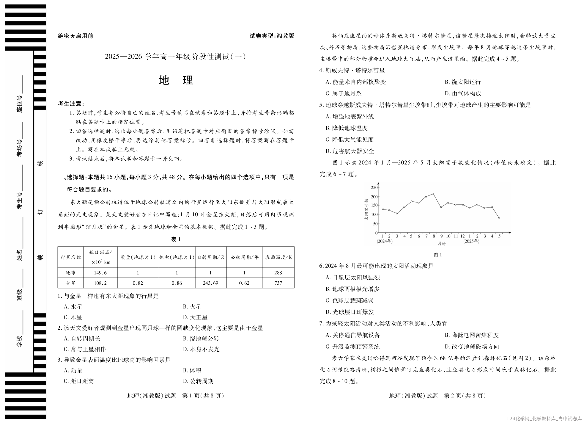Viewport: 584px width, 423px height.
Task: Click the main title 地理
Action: click(x=176, y=80)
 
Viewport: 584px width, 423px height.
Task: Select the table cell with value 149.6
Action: click(x=100, y=272)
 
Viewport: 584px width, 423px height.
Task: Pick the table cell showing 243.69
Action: click(x=210, y=283)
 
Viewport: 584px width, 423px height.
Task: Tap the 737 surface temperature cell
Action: click(x=278, y=283)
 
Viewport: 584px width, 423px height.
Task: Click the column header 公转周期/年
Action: click(x=244, y=257)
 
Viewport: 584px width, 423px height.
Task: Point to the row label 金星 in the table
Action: click(x=71, y=283)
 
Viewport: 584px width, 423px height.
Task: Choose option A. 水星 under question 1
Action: click(x=73, y=307)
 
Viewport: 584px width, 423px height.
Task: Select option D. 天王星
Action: click(x=195, y=317)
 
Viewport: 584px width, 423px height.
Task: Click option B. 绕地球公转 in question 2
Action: click(x=201, y=339)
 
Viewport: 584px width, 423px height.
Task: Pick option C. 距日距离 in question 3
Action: click(x=79, y=381)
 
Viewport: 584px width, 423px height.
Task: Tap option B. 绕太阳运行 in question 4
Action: click(x=463, y=82)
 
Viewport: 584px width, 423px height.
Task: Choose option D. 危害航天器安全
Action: click(x=350, y=151)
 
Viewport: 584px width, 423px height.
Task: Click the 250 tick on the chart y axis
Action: click(x=374, y=187)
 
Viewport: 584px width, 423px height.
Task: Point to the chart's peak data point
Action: click(x=433, y=194)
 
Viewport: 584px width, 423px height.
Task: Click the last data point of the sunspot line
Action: click(x=499, y=218)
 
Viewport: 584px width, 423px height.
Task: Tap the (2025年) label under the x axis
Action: click(x=471, y=241)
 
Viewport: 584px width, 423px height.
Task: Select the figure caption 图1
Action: click(x=438, y=255)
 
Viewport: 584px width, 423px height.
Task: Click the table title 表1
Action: click(x=176, y=239)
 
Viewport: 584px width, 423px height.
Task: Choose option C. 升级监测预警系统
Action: click(x=353, y=347)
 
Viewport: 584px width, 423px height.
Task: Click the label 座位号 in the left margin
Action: click(x=19, y=104)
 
